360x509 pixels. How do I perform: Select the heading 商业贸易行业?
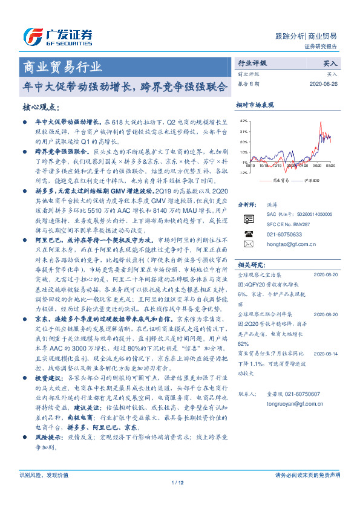(x=62, y=66)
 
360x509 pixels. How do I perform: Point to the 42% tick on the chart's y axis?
(x=243, y=121)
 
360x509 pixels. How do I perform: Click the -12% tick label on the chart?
(x=243, y=172)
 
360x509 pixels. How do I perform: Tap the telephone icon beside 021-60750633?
(x=249, y=233)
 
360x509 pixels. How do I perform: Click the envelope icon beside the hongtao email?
(x=249, y=244)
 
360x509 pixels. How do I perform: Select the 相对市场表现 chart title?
(x=255, y=105)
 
